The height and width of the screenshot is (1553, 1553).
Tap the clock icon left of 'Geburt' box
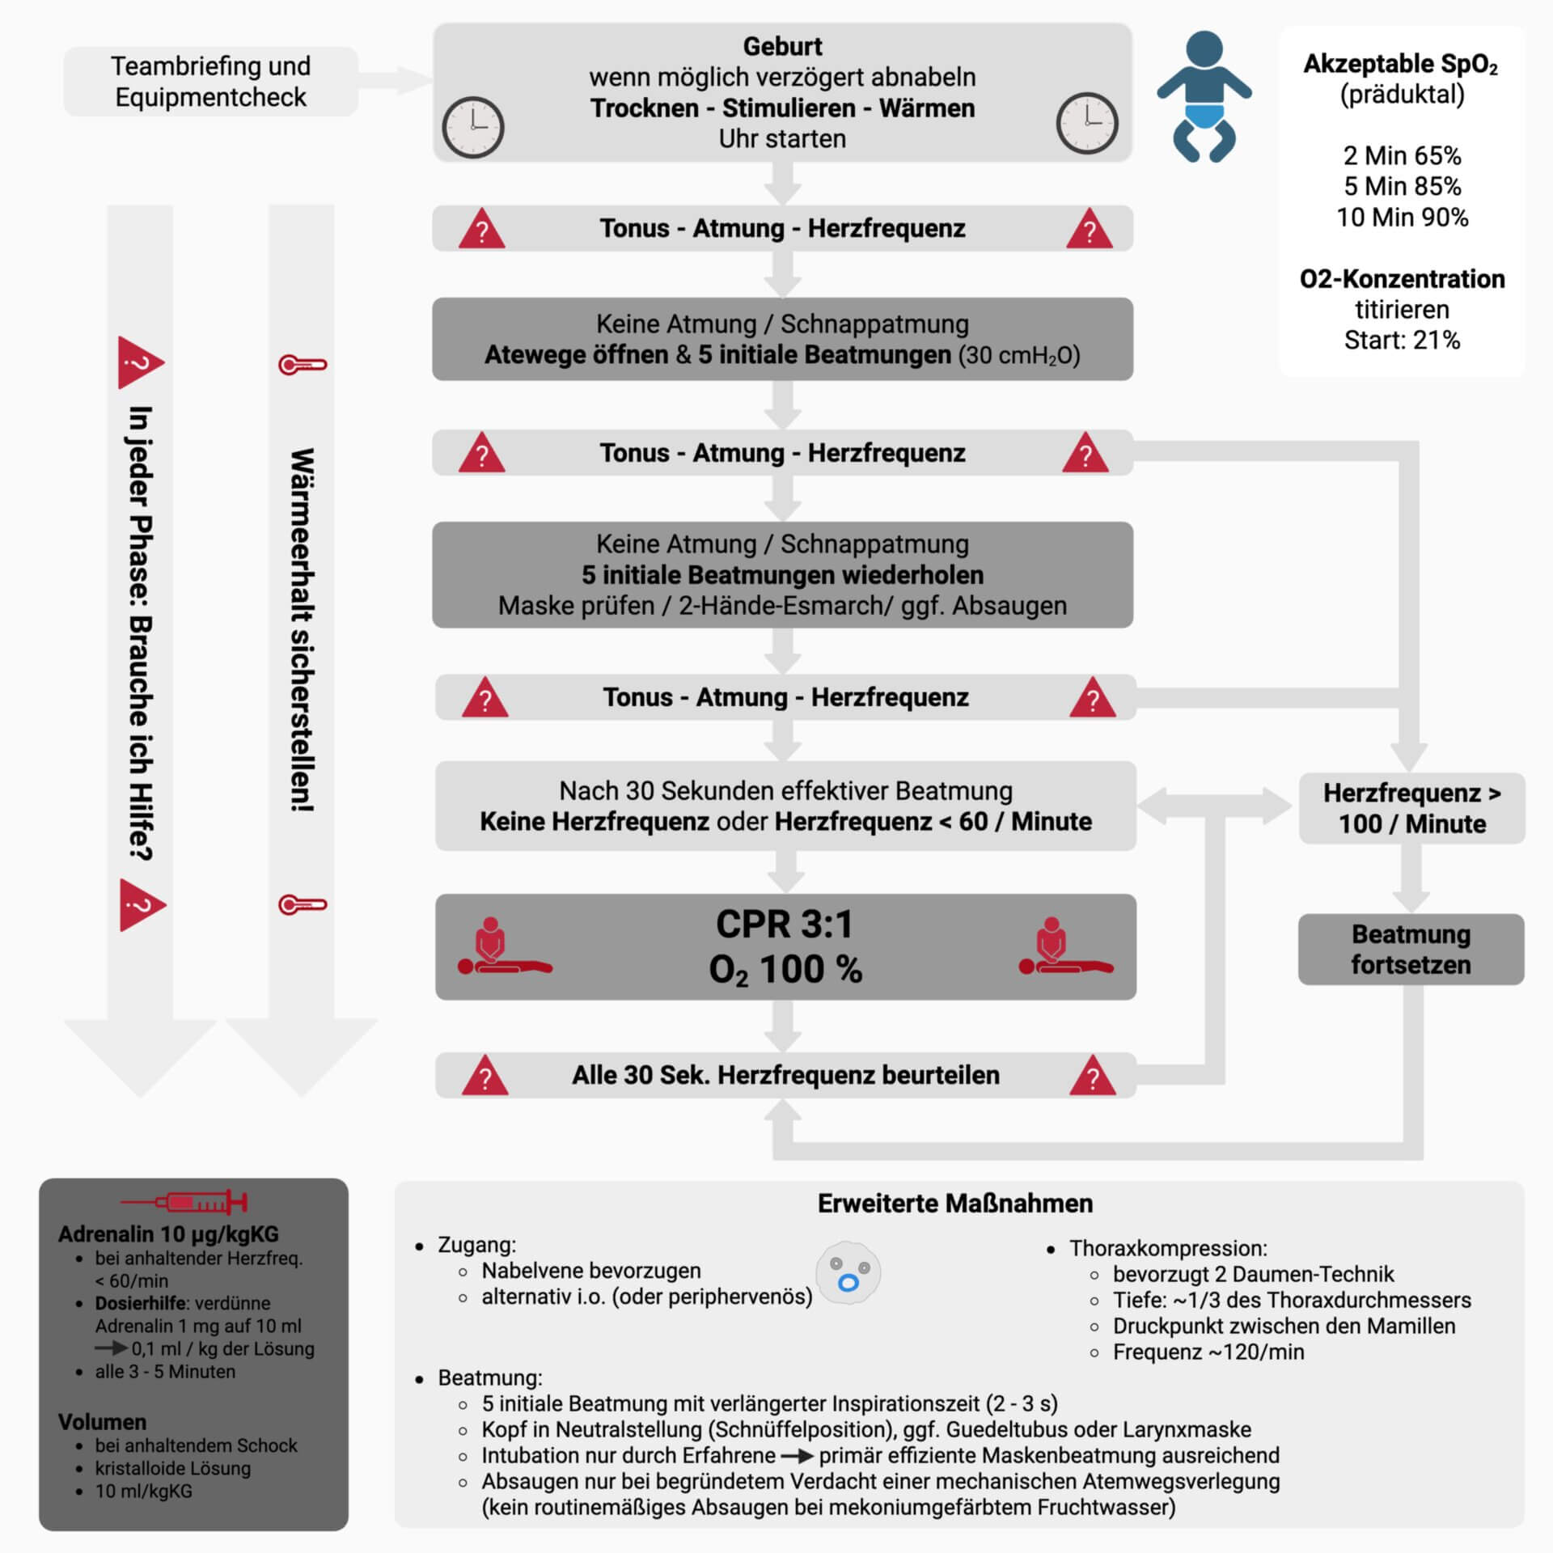[x=473, y=127]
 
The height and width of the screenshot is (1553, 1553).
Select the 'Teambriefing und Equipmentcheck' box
[x=210, y=81]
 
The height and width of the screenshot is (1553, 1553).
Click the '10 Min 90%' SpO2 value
[x=1402, y=217]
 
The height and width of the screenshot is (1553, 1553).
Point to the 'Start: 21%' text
[x=1402, y=340]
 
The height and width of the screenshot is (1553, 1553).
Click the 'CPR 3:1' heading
[x=784, y=925]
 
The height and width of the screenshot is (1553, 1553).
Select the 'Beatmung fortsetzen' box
[x=1411, y=949]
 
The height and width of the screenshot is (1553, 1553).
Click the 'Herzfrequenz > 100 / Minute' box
[x=1411, y=808]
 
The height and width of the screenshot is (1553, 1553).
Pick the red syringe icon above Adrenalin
[x=184, y=1203]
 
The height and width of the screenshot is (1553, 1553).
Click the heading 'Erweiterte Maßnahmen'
[x=954, y=1204]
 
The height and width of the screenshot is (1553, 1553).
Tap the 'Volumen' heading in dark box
[x=102, y=1422]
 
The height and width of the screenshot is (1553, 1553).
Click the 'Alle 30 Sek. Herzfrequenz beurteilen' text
[x=785, y=1075]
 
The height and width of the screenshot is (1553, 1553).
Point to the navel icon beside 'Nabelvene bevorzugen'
[x=848, y=1273]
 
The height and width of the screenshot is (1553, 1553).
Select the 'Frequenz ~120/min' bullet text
[x=1208, y=1352]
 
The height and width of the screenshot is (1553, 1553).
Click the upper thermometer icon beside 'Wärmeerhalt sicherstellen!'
[x=303, y=365]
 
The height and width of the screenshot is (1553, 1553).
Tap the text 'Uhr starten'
[x=782, y=138]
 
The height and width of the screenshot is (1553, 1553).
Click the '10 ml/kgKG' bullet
[x=144, y=1491]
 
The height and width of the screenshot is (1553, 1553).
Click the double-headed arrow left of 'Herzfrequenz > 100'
[x=1214, y=806]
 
